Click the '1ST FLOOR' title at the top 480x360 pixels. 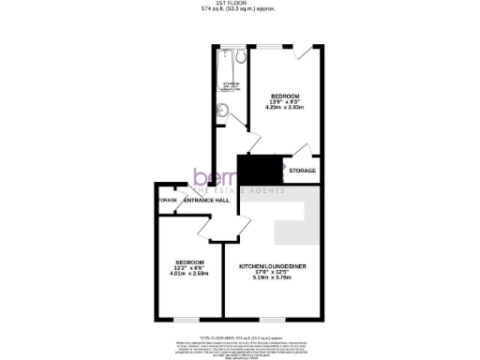click(239, 5)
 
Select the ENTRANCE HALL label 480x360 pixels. click(206, 201)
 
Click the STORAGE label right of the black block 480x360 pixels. click(302, 171)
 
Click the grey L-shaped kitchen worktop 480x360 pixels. click(294, 221)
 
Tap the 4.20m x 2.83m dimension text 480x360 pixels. click(285, 108)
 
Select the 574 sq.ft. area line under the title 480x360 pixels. click(239, 11)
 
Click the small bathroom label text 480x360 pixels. click(231, 85)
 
